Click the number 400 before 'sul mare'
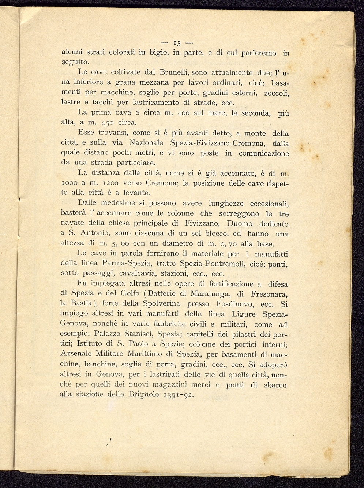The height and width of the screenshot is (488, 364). pos(183,113)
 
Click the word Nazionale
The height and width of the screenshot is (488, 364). pos(148,142)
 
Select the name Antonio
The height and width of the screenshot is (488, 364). pos(95,234)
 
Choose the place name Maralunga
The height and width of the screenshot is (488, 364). pos(211,294)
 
